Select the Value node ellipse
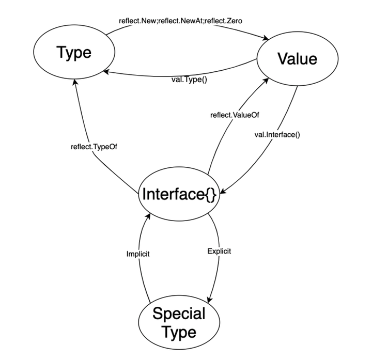[x=297, y=59]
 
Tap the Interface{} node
[x=178, y=195]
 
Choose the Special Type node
[x=178, y=322]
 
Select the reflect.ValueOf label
[x=234, y=115]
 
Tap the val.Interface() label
[x=277, y=135]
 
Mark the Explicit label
[x=219, y=252]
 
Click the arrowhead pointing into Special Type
[x=209, y=300]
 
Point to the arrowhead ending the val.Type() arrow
[x=105, y=73]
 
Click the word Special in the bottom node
[x=179, y=313]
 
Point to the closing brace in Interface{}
[x=211, y=195]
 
